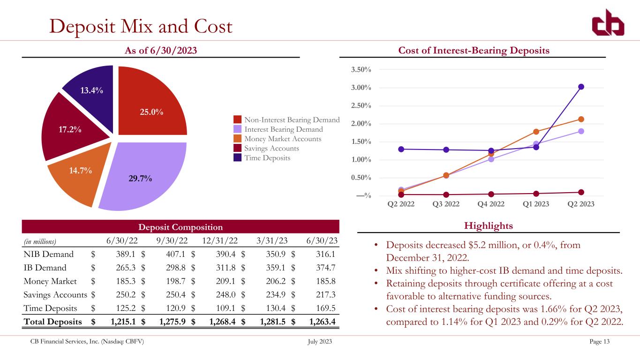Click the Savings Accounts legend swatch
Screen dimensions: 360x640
point(238,149)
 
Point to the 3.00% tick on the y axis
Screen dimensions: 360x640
point(361,88)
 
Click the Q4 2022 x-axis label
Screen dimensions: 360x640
point(491,204)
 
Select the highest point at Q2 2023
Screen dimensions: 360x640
point(581,87)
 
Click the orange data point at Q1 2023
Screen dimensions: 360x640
point(536,132)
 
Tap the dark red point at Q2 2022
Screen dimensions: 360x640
point(401,195)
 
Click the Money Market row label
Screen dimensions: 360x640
point(50,282)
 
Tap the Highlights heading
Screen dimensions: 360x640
point(489,226)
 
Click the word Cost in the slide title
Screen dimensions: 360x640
point(208,27)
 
